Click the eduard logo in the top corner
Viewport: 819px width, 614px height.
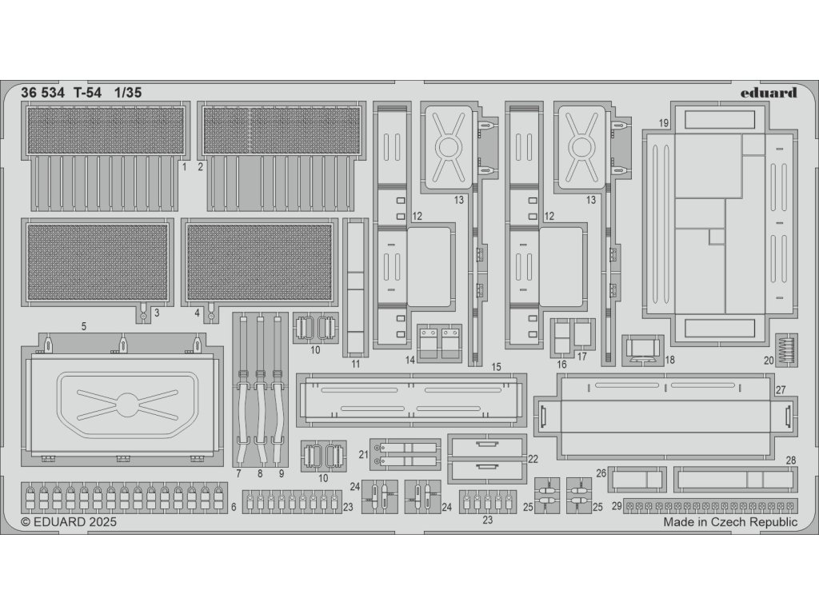tap(768, 93)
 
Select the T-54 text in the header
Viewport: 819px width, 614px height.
tap(88, 92)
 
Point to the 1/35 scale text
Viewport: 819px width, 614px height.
tap(128, 92)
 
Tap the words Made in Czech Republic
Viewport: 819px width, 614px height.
tap(729, 522)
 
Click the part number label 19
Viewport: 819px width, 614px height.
tap(664, 122)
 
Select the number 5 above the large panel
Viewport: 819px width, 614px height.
tap(84, 326)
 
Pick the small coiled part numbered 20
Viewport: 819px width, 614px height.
tap(787, 349)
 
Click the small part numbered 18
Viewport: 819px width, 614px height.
tap(643, 349)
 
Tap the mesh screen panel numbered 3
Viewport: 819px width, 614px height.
tap(98, 261)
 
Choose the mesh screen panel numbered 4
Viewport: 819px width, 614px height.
tap(259, 261)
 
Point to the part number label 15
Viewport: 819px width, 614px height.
tap(497, 367)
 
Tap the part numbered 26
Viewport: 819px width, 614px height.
tap(636, 480)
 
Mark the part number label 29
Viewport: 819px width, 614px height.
tap(617, 506)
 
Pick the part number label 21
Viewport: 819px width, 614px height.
tap(362, 454)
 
